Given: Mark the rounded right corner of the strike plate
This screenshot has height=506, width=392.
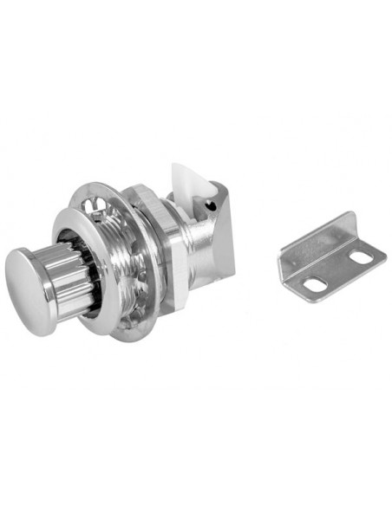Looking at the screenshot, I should [379, 250].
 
